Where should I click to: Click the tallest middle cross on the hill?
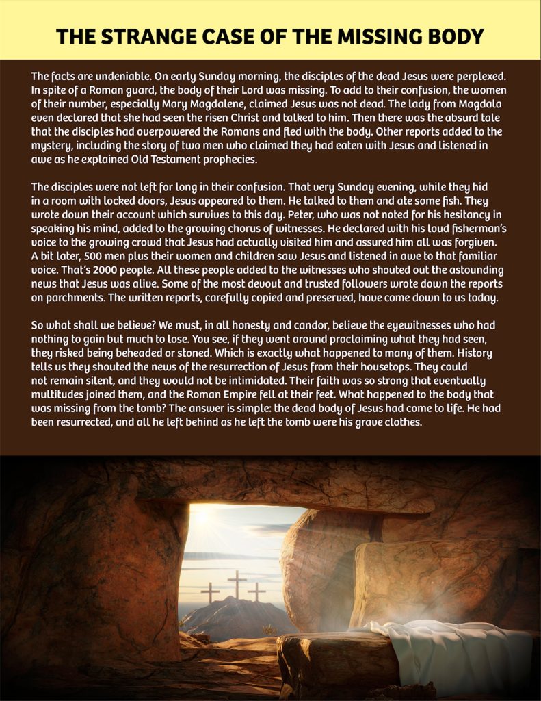pos(237,584)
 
